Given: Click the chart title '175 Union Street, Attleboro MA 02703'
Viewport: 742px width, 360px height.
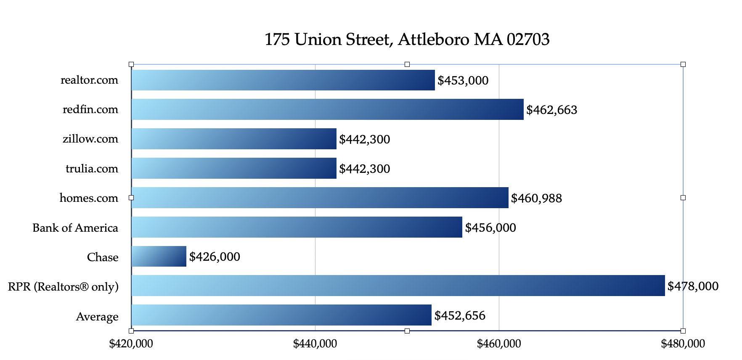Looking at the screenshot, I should pyautogui.click(x=407, y=40).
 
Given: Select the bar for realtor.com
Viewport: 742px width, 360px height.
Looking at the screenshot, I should pyautogui.click(x=283, y=80).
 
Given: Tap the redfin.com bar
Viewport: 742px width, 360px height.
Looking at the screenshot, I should pyautogui.click(x=327, y=109).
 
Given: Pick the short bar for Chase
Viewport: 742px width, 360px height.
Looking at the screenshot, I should pyautogui.click(x=159, y=256).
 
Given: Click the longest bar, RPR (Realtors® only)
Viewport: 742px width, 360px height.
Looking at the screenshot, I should pyautogui.click(x=398, y=286).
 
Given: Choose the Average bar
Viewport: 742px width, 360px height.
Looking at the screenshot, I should pyautogui.click(x=281, y=315).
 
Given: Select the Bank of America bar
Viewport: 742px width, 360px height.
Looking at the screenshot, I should pyautogui.click(x=297, y=227).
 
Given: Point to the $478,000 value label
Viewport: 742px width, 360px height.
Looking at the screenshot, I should pyautogui.click(x=693, y=286).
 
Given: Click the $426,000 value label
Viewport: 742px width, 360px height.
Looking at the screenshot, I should pyautogui.click(x=215, y=257).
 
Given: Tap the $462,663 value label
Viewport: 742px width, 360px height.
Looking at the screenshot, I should pyautogui.click(x=551, y=110).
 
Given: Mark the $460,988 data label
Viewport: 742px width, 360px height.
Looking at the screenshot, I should pyautogui.click(x=536, y=199).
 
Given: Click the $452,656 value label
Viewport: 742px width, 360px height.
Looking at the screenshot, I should pyautogui.click(x=460, y=316).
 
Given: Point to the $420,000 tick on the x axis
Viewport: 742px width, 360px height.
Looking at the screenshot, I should pyautogui.click(x=131, y=344).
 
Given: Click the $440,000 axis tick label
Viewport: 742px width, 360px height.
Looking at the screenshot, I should pyautogui.click(x=315, y=344).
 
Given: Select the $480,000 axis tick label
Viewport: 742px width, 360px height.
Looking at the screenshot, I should pyautogui.click(x=683, y=344).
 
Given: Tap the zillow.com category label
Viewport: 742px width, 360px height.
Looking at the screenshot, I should pyautogui.click(x=90, y=139).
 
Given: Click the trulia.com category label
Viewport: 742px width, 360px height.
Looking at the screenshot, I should pyautogui.click(x=92, y=169).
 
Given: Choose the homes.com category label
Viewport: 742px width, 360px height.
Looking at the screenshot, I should pyautogui.click(x=89, y=198).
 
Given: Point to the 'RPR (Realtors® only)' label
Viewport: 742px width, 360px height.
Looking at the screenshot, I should pyautogui.click(x=63, y=287).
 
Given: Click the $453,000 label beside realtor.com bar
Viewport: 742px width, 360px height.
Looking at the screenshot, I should pyautogui.click(x=463, y=81).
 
